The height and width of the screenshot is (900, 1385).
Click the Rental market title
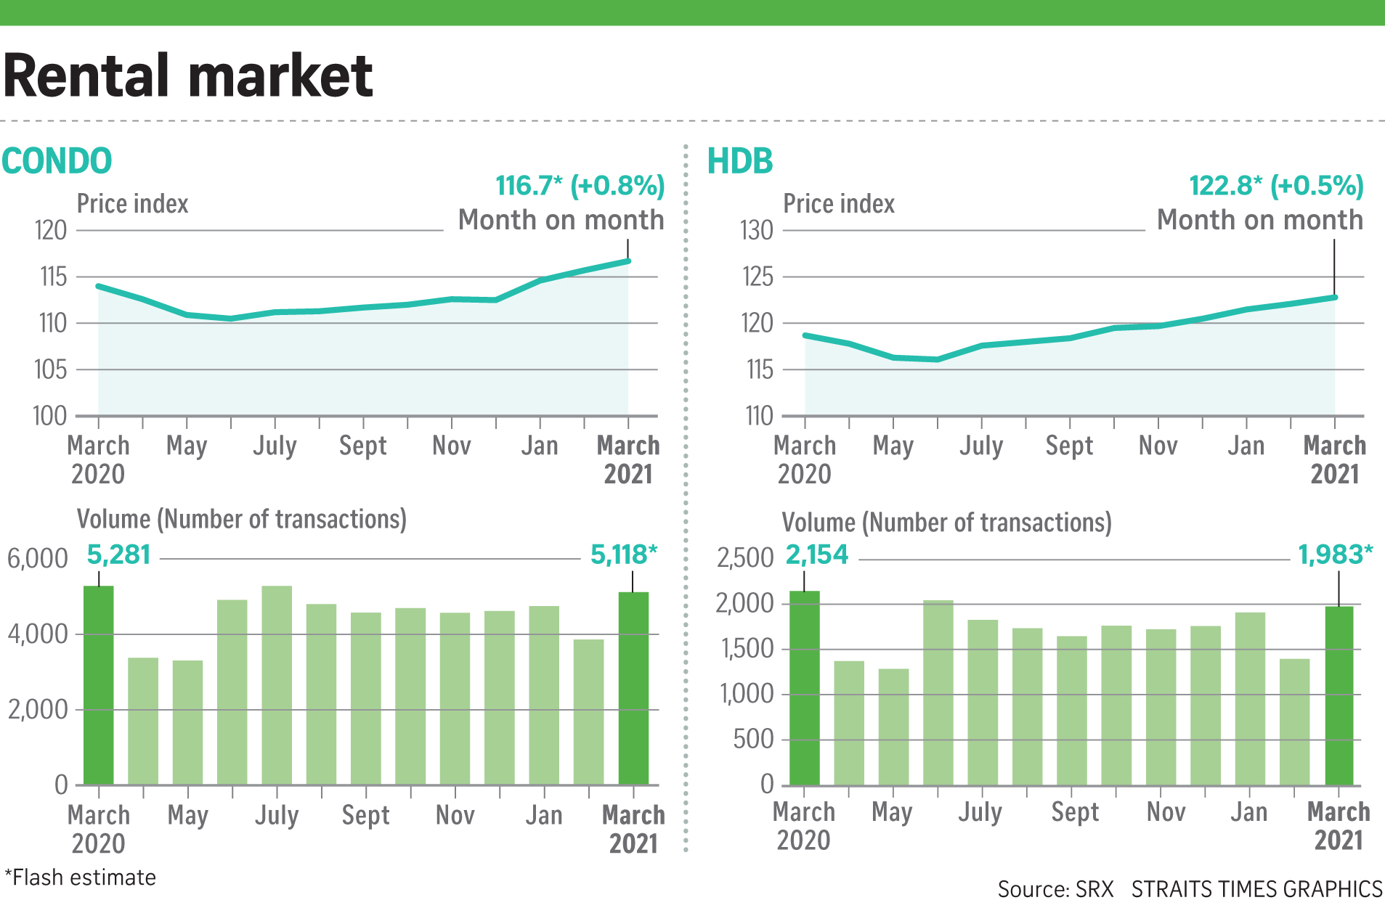pos(188,75)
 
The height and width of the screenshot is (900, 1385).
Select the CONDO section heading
pos(57,160)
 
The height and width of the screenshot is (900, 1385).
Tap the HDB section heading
pos(740,160)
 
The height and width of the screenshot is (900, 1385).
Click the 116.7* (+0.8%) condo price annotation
pos(580,186)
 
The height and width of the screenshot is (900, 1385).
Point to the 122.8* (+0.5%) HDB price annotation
pos(1276,186)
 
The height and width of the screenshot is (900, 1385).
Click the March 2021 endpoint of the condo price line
pos(628,261)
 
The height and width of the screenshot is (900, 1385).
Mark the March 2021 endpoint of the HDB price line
pos(1335,297)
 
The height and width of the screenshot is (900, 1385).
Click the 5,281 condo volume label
pos(118,555)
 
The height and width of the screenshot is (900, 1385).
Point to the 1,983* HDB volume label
pos(1335,555)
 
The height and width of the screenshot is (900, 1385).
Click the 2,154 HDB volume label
pos(817,555)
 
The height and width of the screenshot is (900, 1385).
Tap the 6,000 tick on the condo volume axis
pos(37,559)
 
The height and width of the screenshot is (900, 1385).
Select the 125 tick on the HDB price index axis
pos(758,277)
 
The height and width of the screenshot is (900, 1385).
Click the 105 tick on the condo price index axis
pos(50,369)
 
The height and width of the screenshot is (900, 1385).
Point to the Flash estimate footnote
pos(81,877)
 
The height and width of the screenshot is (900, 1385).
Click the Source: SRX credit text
pos(1055,889)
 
